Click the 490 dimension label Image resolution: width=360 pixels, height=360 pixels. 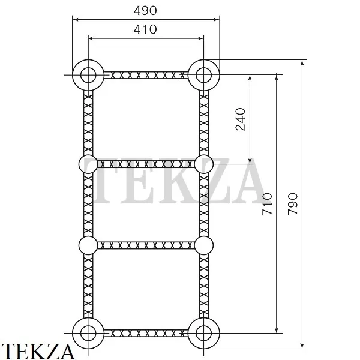[145, 11]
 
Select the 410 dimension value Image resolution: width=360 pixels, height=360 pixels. [145, 29]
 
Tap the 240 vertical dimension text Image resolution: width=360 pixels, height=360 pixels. [241, 119]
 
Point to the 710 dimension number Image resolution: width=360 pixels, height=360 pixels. [267, 204]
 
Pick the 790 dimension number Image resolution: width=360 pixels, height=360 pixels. [293, 204]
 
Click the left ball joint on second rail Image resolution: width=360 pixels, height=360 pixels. [88, 164]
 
